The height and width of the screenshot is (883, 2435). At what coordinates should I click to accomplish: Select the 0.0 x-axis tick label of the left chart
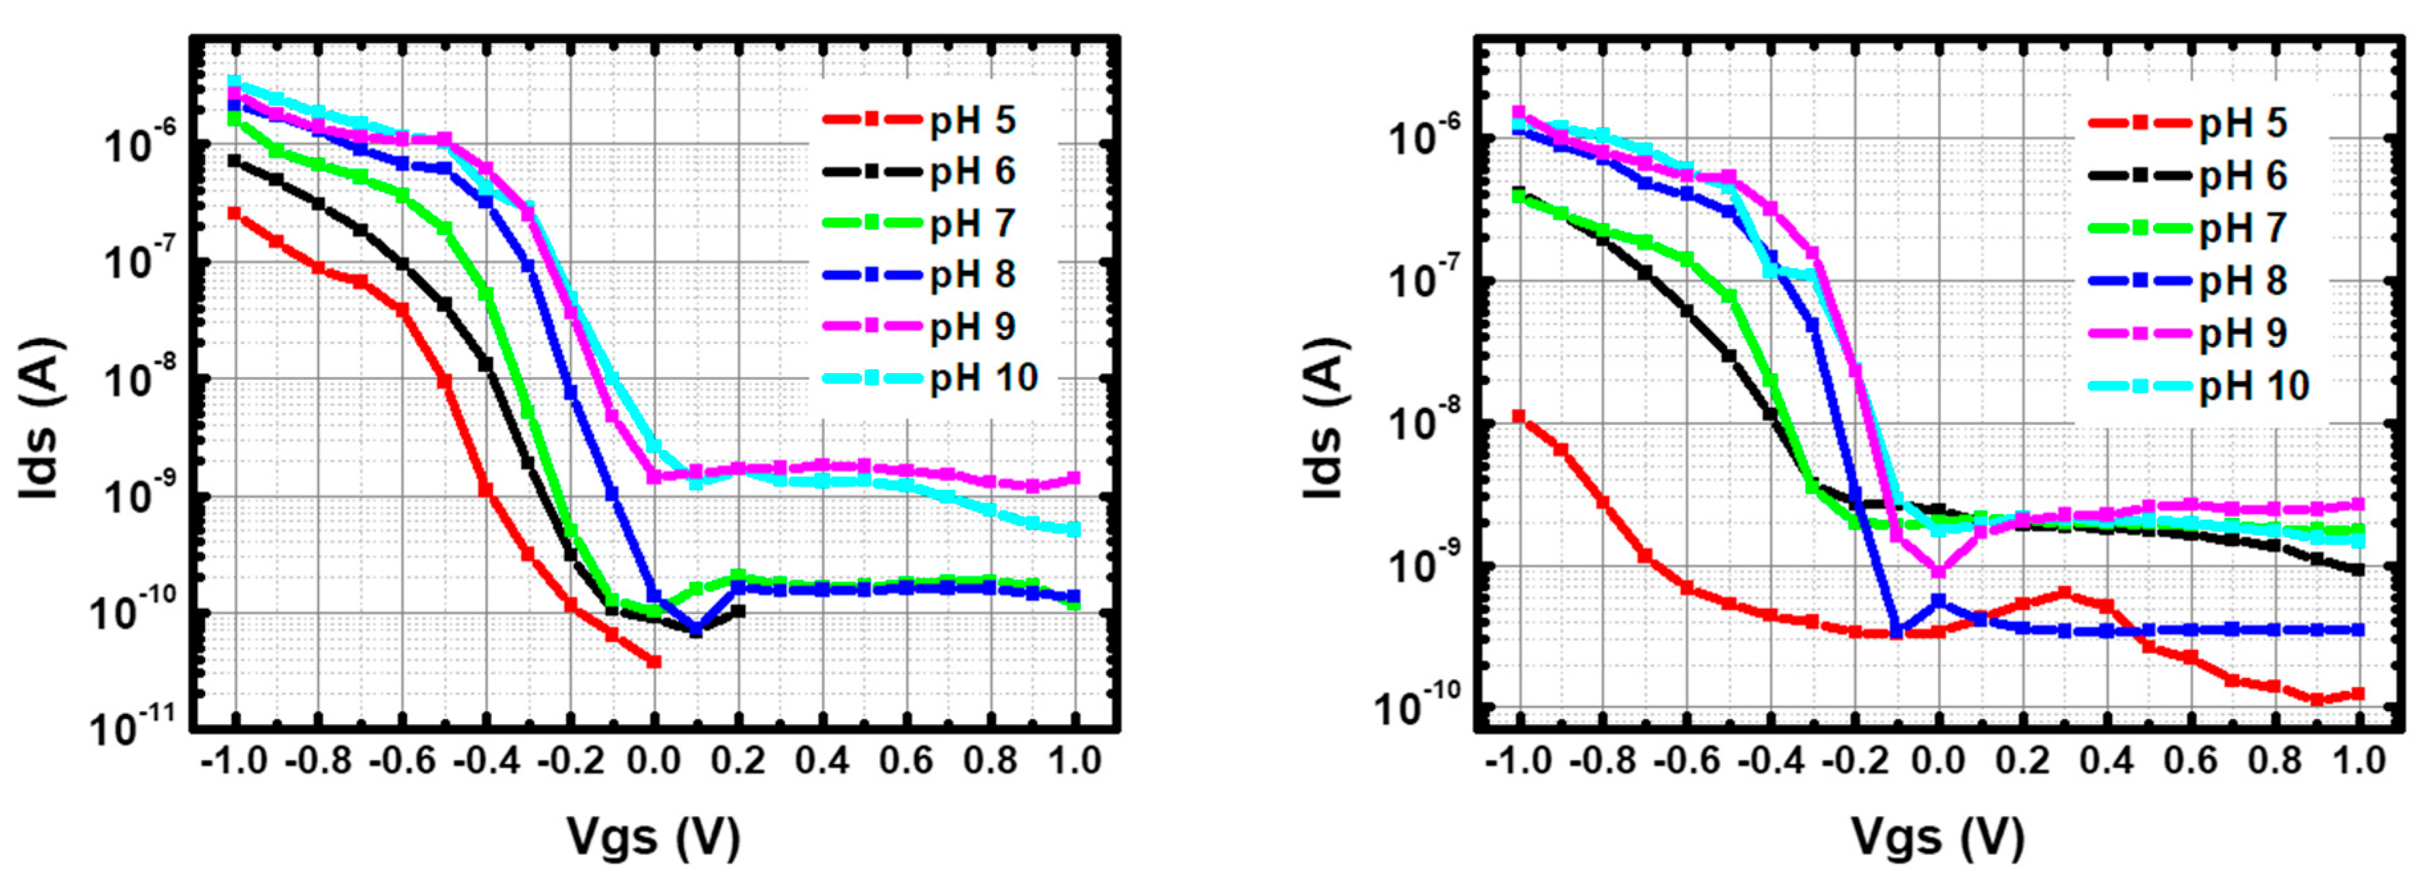click(x=653, y=760)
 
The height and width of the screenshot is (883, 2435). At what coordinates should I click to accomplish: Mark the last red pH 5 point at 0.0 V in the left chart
click(x=653, y=662)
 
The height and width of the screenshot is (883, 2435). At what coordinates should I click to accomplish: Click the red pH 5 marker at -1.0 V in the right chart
click(x=1519, y=416)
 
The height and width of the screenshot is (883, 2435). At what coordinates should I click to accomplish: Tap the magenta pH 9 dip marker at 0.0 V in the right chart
click(x=1939, y=571)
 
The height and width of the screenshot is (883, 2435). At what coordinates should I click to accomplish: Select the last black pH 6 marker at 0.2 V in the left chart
click(x=738, y=611)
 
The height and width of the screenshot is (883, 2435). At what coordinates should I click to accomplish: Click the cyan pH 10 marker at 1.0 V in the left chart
click(x=1074, y=529)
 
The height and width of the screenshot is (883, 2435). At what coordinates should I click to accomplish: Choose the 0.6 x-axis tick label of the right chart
click(x=2190, y=760)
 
